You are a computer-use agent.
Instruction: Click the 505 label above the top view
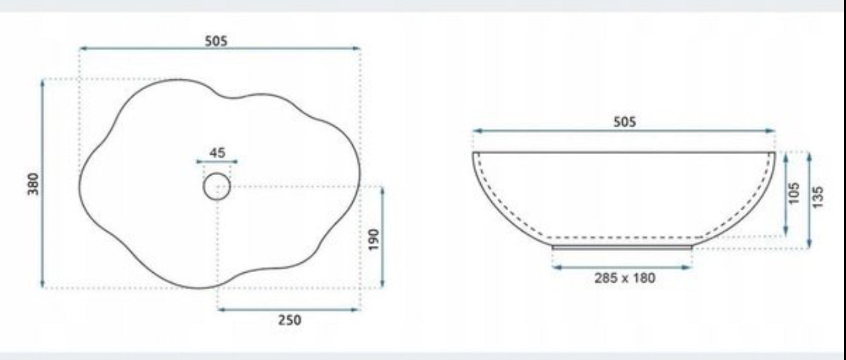pos(216,41)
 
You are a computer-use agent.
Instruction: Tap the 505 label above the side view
pos(624,122)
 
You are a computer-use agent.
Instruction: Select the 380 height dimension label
pos(33,184)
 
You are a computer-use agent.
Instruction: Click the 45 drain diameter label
pos(217,153)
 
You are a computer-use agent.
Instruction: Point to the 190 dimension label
pos(374,239)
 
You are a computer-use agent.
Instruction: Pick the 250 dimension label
pos(290,321)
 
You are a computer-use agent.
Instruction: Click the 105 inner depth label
pos(794,193)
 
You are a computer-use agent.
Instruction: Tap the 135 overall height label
pos(817,197)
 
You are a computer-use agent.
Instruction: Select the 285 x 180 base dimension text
pos(625,278)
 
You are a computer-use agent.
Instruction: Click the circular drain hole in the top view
pos(217,173)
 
